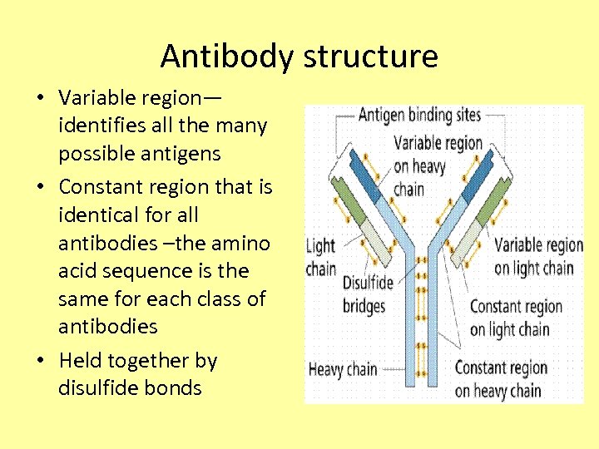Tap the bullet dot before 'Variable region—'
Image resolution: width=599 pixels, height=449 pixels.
coord(41,98)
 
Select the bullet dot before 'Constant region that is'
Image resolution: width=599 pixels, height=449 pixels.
coord(41,187)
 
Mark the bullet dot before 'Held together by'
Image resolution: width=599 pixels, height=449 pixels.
coord(41,361)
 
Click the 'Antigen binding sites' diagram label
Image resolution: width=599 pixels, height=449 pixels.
coord(419,116)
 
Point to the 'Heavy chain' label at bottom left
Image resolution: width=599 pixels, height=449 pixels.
coord(343,369)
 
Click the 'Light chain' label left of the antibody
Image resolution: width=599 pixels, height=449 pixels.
coord(321,257)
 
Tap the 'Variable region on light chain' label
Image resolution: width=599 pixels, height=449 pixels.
coord(537,256)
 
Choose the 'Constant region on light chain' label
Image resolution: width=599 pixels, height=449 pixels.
coord(517,318)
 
